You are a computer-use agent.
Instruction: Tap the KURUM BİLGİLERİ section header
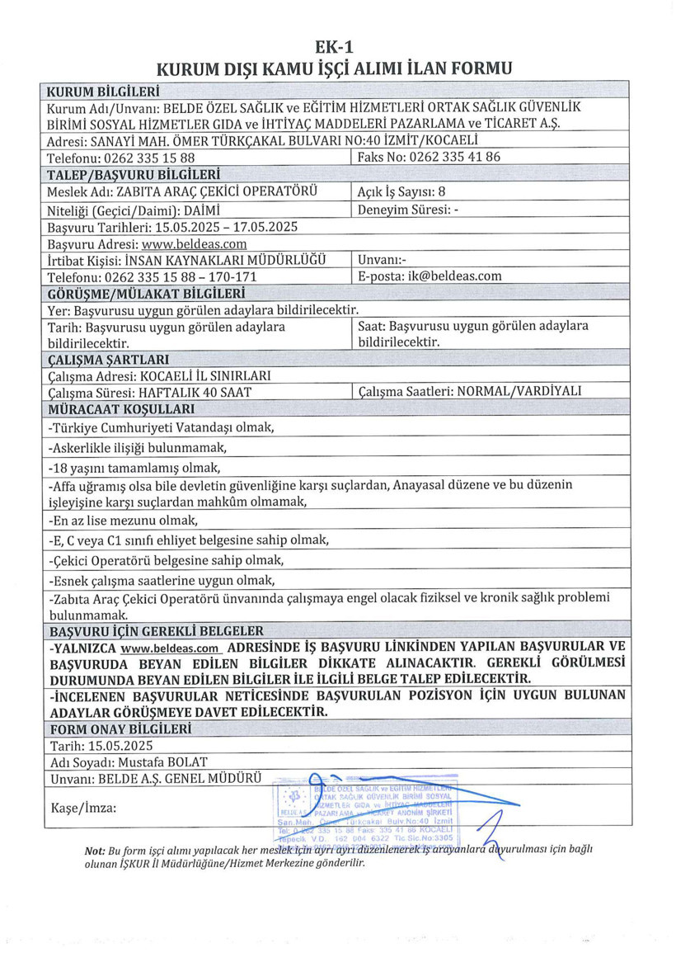tap(103, 91)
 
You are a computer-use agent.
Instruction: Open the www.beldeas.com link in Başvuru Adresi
tap(195, 244)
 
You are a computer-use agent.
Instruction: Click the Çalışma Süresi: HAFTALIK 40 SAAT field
tap(149, 393)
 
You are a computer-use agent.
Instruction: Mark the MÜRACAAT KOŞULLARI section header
tap(121, 409)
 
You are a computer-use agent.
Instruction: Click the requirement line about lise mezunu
tap(124, 521)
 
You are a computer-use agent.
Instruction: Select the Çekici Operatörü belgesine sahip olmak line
tap(166, 560)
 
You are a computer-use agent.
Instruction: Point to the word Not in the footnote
tap(94, 850)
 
